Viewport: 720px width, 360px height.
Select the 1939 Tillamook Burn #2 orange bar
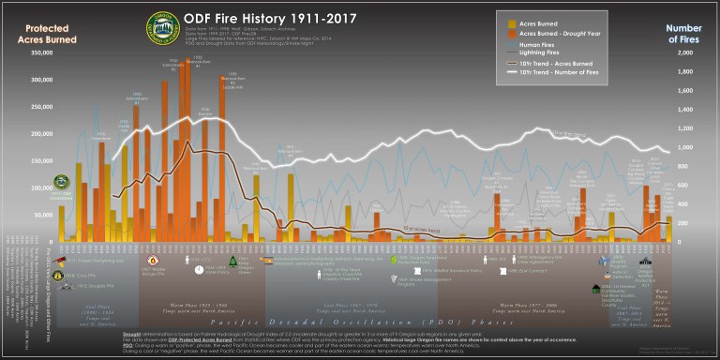point(223,159)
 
